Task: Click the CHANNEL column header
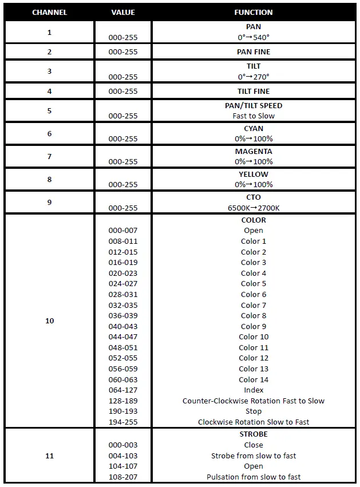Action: (49, 12)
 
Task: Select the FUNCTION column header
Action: (253, 12)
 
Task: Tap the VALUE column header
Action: (123, 12)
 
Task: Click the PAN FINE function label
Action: (253, 52)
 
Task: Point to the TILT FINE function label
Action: (253, 91)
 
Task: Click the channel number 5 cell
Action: (49, 110)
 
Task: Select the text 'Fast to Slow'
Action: (253, 116)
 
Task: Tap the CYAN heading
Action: (253, 128)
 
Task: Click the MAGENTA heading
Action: (253, 151)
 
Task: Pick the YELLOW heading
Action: (253, 174)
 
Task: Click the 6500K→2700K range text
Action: (253, 207)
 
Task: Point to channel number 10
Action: (49, 320)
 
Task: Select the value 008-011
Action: (123, 241)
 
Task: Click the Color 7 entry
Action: (253, 305)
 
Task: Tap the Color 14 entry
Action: (253, 379)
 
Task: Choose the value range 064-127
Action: (123, 390)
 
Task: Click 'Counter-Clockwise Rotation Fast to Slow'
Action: (253, 401)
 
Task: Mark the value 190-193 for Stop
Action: (123, 411)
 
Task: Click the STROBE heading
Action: (253, 434)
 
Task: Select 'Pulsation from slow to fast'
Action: (253, 477)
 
